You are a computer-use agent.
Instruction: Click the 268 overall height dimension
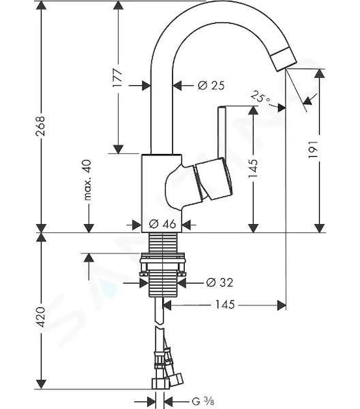pos(40,126)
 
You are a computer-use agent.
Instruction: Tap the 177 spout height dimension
pos(118,78)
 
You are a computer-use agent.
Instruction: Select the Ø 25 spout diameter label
pos(211,85)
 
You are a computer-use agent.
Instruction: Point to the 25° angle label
pos(260,97)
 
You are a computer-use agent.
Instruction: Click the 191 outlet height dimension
pos(313,149)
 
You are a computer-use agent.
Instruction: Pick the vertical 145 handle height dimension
pos(253,168)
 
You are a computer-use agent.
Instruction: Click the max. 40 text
pos(87,180)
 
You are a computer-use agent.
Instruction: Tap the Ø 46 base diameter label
pos(162,224)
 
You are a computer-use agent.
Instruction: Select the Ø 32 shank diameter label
pos(220,282)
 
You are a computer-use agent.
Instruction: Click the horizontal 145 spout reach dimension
pos(225,305)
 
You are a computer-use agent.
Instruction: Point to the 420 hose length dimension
pos(40,317)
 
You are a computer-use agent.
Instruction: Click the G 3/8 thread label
pos(203,401)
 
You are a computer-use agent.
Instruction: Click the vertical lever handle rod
pos(222,132)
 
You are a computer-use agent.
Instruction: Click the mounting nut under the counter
pos(162,264)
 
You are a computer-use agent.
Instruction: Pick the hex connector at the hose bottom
pos(161,384)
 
